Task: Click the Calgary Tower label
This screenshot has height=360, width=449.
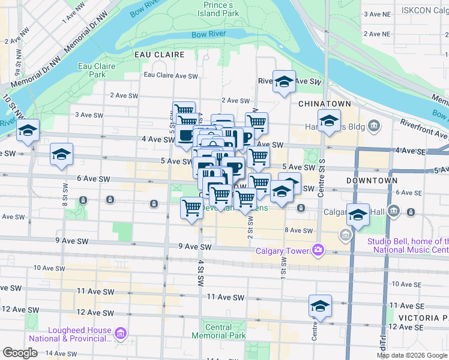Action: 282,251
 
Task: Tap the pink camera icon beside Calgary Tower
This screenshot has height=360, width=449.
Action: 318,250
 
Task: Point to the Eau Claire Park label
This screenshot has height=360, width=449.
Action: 92,70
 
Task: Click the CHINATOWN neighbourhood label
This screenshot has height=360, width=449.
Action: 324,104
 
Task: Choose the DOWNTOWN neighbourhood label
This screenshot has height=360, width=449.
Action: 372,180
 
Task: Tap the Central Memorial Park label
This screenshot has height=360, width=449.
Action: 217,332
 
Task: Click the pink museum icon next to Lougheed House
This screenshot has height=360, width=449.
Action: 120,334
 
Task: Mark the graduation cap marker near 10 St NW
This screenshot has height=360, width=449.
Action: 28,130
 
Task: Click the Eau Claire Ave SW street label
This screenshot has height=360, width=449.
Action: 170,76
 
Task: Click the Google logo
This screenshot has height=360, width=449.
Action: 20,353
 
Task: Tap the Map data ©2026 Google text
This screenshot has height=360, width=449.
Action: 411,355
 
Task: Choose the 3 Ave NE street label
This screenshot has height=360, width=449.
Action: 376,14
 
